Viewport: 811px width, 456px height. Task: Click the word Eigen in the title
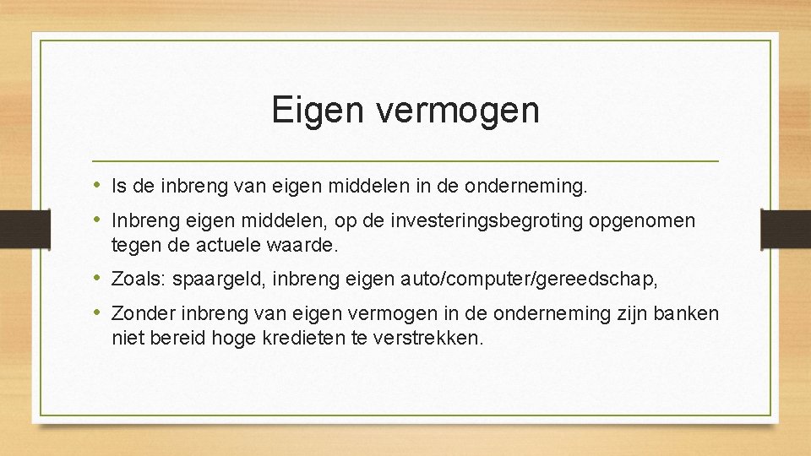317,111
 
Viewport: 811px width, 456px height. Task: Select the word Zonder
142,313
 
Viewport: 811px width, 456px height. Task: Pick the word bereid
177,338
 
